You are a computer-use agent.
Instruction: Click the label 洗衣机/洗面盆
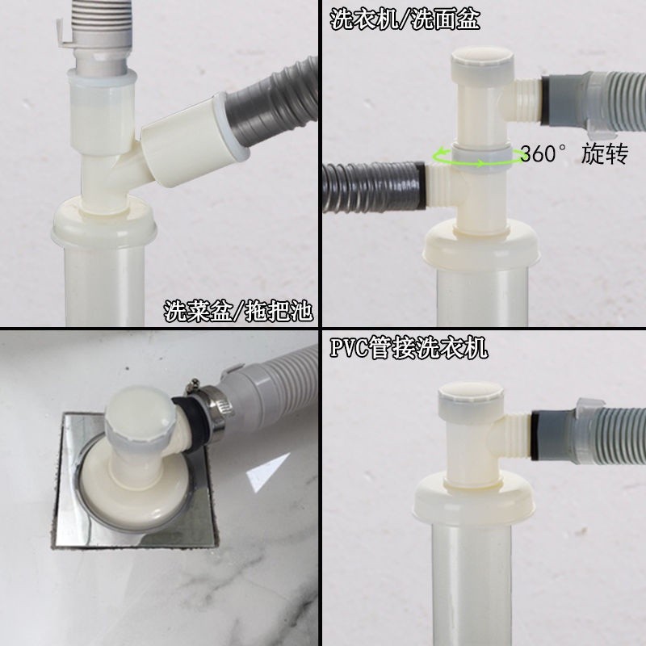point(405,19)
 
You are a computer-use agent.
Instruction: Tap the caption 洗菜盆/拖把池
point(238,311)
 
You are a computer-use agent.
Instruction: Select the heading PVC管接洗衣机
point(409,348)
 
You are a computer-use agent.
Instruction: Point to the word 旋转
point(604,153)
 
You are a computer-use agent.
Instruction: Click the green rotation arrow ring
point(477,157)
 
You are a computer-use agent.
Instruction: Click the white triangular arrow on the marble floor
point(267,472)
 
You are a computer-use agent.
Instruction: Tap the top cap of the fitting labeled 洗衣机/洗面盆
point(482,62)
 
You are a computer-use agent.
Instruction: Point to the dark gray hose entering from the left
point(373,187)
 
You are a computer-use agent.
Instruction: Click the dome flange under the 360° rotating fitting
point(481,243)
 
